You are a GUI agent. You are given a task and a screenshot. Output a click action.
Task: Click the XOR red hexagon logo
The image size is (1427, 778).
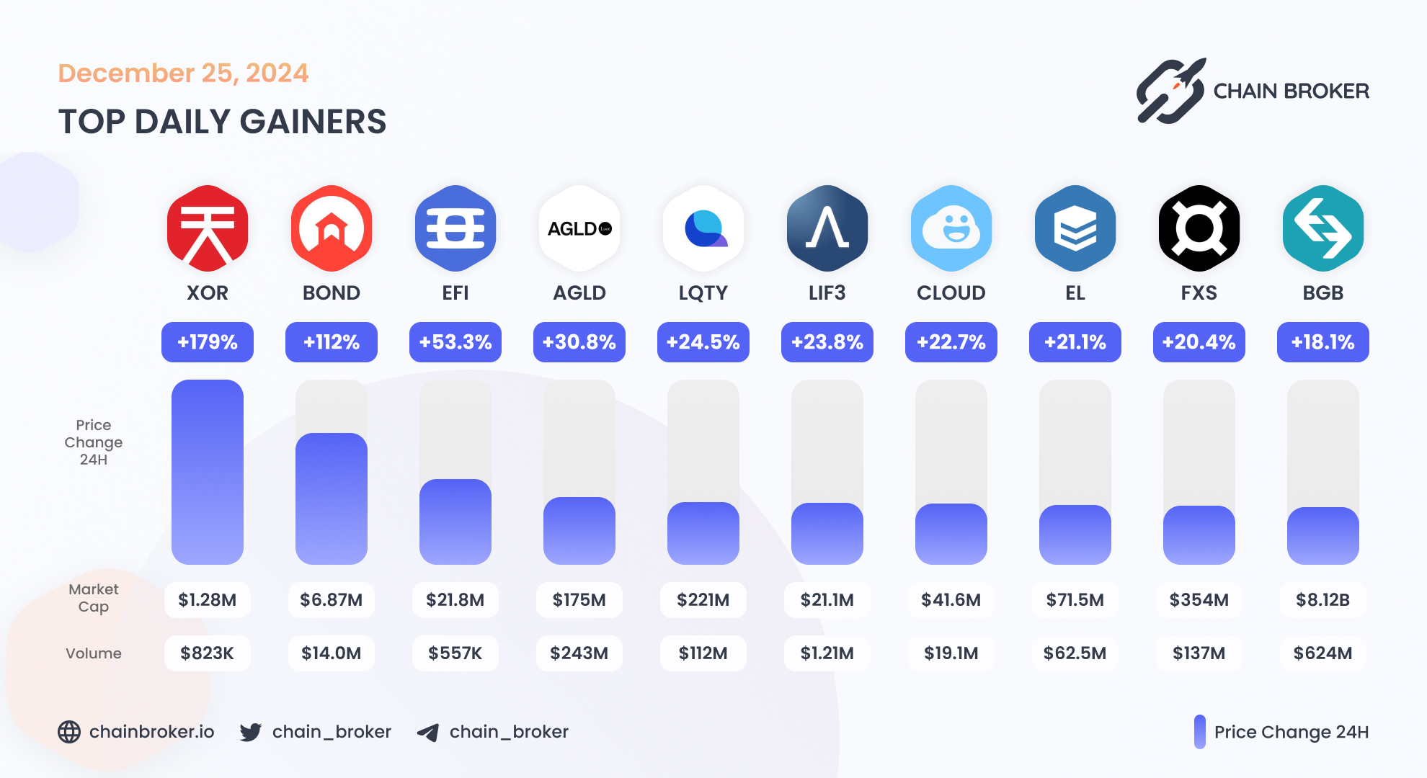[x=208, y=228]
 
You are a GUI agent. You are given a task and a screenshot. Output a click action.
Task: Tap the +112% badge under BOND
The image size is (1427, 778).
[x=332, y=342]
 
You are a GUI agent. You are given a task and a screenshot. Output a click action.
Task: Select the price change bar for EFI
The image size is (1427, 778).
[x=455, y=522]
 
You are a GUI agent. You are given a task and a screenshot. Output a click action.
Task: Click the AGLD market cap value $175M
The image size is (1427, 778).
[x=579, y=600]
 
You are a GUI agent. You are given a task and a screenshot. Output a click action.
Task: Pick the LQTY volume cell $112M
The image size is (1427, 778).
[x=703, y=653]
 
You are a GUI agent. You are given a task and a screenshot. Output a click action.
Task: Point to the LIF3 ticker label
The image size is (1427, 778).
[x=827, y=293]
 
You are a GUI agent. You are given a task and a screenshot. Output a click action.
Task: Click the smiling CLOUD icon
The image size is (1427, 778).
[x=951, y=228]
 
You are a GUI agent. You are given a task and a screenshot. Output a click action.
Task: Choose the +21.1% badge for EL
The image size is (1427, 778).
[x=1075, y=342]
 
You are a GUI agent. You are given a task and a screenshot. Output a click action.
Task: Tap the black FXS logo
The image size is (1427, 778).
[x=1199, y=228]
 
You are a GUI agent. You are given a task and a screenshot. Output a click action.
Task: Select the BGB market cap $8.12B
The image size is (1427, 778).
[x=1323, y=600]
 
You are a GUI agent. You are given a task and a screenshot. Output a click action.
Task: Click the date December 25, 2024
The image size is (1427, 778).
[x=183, y=73]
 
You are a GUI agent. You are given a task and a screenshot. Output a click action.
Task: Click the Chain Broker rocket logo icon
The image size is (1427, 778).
[x=1170, y=91]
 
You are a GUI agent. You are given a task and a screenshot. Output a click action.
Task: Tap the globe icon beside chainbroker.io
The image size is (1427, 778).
[x=69, y=732]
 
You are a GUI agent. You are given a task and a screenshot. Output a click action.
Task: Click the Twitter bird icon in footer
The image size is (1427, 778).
[x=251, y=732]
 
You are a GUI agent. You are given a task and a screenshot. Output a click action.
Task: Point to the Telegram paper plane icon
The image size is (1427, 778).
[x=428, y=733]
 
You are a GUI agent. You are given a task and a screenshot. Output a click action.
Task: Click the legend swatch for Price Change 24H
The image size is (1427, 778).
[x=1200, y=732]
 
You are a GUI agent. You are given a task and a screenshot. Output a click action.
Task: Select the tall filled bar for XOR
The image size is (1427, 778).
[x=208, y=472]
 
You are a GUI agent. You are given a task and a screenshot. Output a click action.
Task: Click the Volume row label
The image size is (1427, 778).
[x=94, y=653]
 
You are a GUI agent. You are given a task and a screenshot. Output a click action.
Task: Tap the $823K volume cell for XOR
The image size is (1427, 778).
[x=208, y=653]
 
